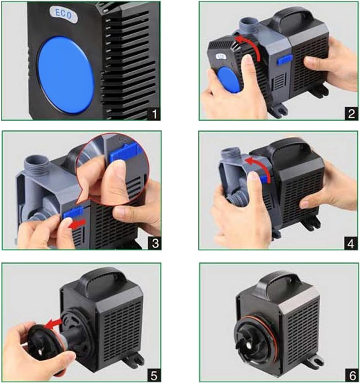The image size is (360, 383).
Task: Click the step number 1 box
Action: point(154,114)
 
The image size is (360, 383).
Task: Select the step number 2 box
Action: point(351,114)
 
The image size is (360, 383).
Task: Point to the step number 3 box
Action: point(155,243)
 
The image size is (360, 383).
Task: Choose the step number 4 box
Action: point(351,243)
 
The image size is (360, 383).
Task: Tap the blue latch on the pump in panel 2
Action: point(285,59)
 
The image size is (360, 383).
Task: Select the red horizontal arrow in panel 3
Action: point(77,224)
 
